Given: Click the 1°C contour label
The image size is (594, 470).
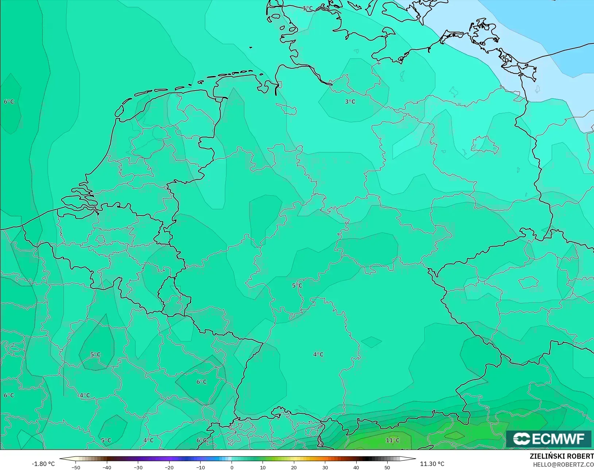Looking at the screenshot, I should [308, 8].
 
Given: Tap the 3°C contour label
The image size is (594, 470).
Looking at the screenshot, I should [350, 102].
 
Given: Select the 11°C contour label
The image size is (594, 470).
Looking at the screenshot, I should [393, 440].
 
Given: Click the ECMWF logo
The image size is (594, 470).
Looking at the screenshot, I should [548, 439].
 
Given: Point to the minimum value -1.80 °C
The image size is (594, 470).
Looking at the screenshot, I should [43, 464].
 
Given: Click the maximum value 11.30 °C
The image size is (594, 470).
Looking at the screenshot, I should [432, 464].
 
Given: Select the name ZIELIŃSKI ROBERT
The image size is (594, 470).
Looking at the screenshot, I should [562, 456].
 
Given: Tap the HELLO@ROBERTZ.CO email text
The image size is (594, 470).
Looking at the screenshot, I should [563, 465].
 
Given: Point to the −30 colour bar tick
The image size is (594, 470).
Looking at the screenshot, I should [138, 467].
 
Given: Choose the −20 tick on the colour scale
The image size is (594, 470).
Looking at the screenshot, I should [169, 467].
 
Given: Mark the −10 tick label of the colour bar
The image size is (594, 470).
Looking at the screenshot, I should [200, 467].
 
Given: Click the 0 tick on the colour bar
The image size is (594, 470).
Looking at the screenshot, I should [232, 467].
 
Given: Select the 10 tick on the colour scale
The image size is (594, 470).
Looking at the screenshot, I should [263, 467].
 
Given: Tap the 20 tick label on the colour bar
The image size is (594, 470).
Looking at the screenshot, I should [294, 467].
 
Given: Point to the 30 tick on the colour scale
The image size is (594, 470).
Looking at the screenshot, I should [325, 467].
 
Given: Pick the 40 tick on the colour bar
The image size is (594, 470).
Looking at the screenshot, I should [356, 467].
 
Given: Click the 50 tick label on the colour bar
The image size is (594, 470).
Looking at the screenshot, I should [387, 467].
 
